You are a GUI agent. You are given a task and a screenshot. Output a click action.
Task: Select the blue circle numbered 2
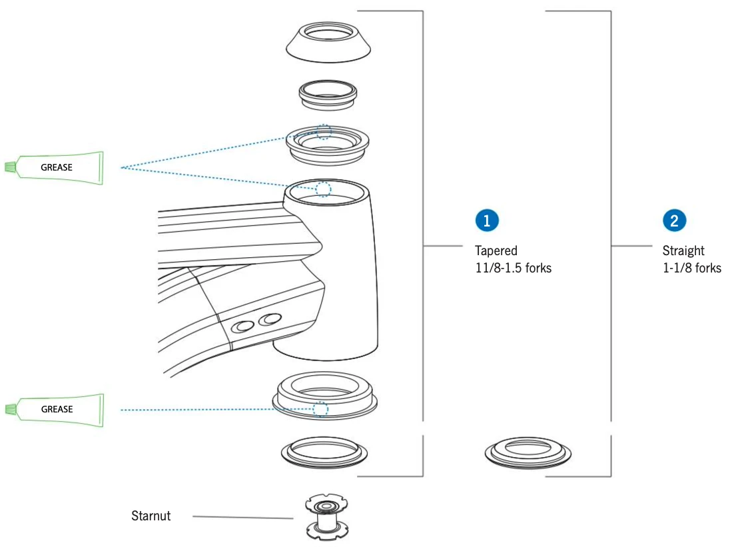pos(674,221)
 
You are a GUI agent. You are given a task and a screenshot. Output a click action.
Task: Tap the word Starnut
pos(151,515)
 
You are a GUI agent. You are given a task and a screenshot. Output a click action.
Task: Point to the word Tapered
pos(496,251)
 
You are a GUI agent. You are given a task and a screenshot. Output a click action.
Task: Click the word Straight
pos(683,251)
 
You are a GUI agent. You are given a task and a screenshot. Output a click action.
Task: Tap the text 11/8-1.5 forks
pos(513,269)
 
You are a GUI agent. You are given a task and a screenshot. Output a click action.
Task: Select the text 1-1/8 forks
pos(692,269)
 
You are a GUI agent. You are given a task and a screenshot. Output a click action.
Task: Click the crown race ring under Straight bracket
pos(527,454)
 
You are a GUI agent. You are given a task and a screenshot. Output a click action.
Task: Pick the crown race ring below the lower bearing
pos(323,452)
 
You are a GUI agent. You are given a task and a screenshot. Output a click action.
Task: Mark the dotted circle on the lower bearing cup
pos(321,408)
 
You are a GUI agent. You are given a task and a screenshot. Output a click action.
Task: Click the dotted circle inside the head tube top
pos(322,189)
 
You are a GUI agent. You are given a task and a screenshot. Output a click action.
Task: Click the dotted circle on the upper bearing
pos(323,131)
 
